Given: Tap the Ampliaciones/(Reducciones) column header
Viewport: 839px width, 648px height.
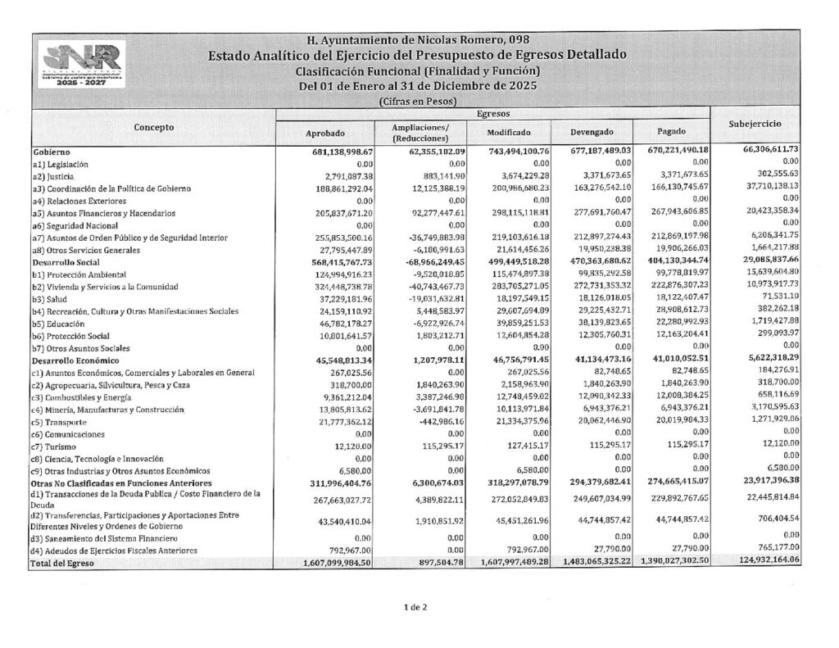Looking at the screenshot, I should click(421, 133).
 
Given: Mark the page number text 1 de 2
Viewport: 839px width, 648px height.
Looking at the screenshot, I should click(415, 607).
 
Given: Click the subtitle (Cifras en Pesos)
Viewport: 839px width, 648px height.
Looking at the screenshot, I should click(418, 101).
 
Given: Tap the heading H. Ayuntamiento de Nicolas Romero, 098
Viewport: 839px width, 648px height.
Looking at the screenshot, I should click(418, 39).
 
